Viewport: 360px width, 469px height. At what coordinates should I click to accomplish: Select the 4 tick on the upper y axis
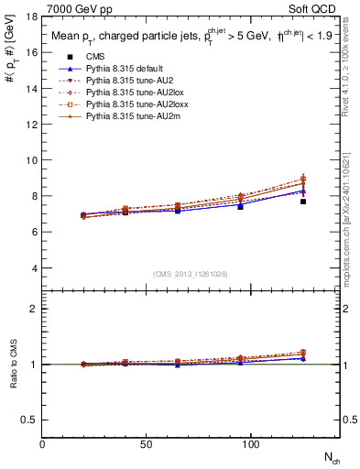coord(35,268)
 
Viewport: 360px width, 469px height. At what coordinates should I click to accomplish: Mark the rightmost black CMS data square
coord(302,202)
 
